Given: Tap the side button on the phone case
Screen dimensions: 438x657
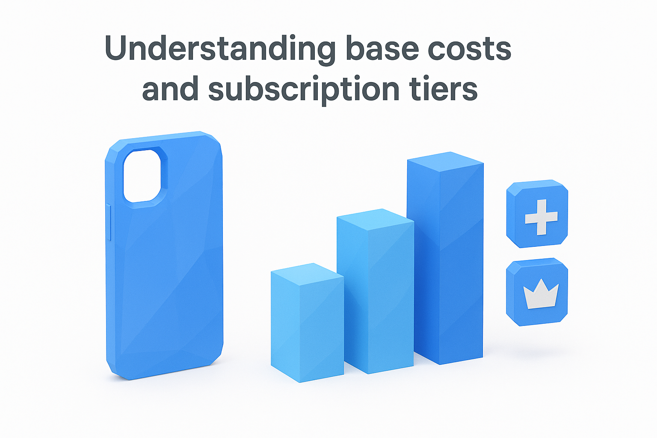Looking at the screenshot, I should click(109, 222).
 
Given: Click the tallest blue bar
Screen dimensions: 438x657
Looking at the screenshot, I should click(445, 265).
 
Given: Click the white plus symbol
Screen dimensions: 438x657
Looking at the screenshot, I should click(541, 217).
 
